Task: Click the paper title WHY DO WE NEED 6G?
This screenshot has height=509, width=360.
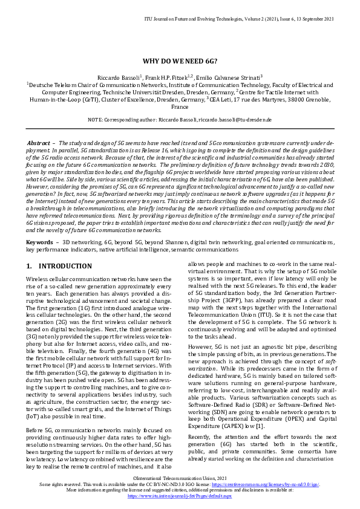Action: tap(180, 61)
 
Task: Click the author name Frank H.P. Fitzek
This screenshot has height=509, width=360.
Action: tap(171, 77)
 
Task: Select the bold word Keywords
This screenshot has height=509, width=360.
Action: tap(40, 242)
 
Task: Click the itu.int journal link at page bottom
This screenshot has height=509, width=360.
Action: tap(180, 495)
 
